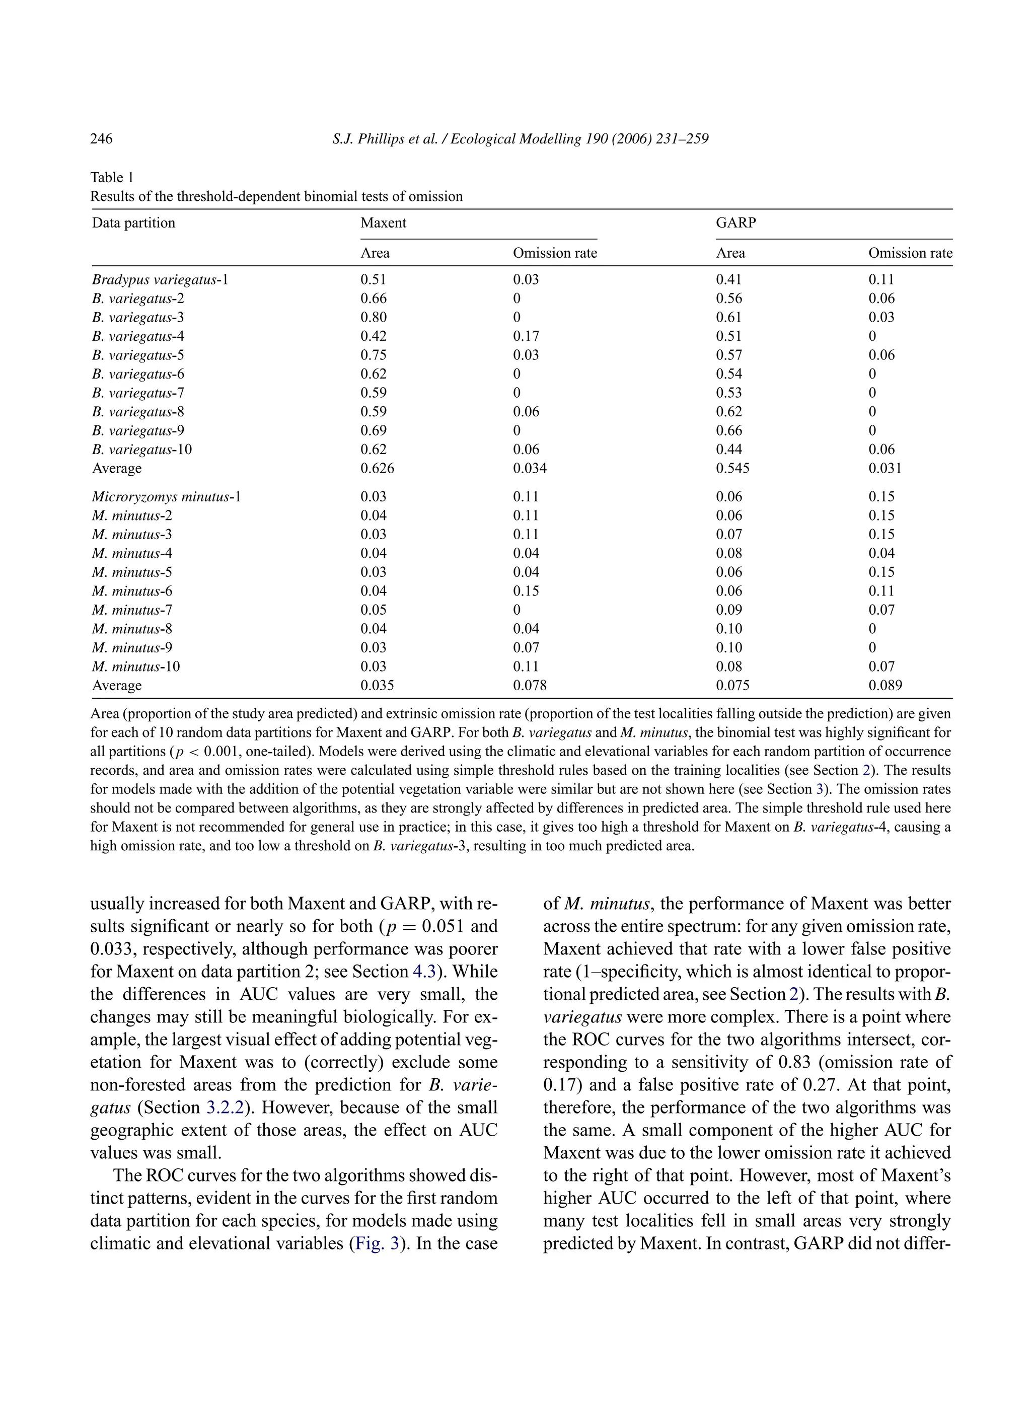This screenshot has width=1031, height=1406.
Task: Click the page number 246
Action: [x=101, y=138]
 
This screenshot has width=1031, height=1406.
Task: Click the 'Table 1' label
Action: [x=112, y=177]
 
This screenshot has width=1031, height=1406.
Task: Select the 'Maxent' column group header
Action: [x=383, y=223]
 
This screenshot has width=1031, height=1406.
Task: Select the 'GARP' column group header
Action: [x=736, y=223]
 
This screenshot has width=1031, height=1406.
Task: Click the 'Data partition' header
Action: [x=133, y=223]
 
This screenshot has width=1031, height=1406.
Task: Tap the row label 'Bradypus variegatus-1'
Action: [x=160, y=279]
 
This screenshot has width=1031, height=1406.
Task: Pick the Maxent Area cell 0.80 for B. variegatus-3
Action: [x=373, y=317]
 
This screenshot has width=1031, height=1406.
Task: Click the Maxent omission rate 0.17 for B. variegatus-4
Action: [x=526, y=336]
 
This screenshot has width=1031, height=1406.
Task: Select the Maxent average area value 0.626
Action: [x=377, y=469]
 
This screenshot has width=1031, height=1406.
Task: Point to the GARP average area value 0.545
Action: [x=732, y=469]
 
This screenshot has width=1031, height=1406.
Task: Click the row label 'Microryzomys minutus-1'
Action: [x=166, y=497]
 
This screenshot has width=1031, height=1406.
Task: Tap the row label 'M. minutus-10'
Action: [x=135, y=667]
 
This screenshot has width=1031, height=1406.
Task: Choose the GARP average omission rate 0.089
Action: [x=885, y=686]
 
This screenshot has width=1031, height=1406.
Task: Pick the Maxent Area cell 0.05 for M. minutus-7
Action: [x=373, y=610]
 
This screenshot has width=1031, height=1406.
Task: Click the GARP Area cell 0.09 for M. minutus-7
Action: [x=728, y=610]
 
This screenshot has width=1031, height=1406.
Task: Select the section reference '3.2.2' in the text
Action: [x=225, y=1107]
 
